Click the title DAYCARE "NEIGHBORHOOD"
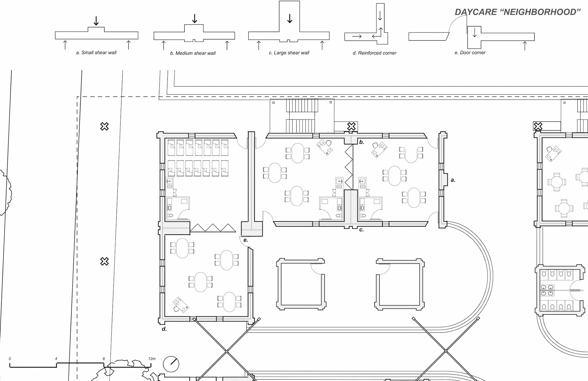click(518, 12)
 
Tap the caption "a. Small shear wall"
click(96, 52)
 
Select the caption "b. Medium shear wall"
click(193, 53)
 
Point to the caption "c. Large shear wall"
click(289, 53)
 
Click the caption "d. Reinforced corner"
click(374, 53)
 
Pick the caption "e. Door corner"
click(470, 52)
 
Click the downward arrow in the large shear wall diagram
click(289, 18)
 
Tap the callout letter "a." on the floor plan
click(453, 180)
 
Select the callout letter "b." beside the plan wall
click(362, 142)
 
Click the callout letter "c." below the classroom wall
click(361, 229)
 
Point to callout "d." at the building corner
click(164, 329)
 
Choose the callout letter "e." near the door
click(246, 240)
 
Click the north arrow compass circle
click(171, 364)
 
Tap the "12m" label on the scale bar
click(152, 359)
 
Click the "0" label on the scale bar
click(10, 359)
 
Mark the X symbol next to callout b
click(352, 126)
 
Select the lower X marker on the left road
click(104, 261)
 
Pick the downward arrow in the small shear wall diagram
click(96, 21)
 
